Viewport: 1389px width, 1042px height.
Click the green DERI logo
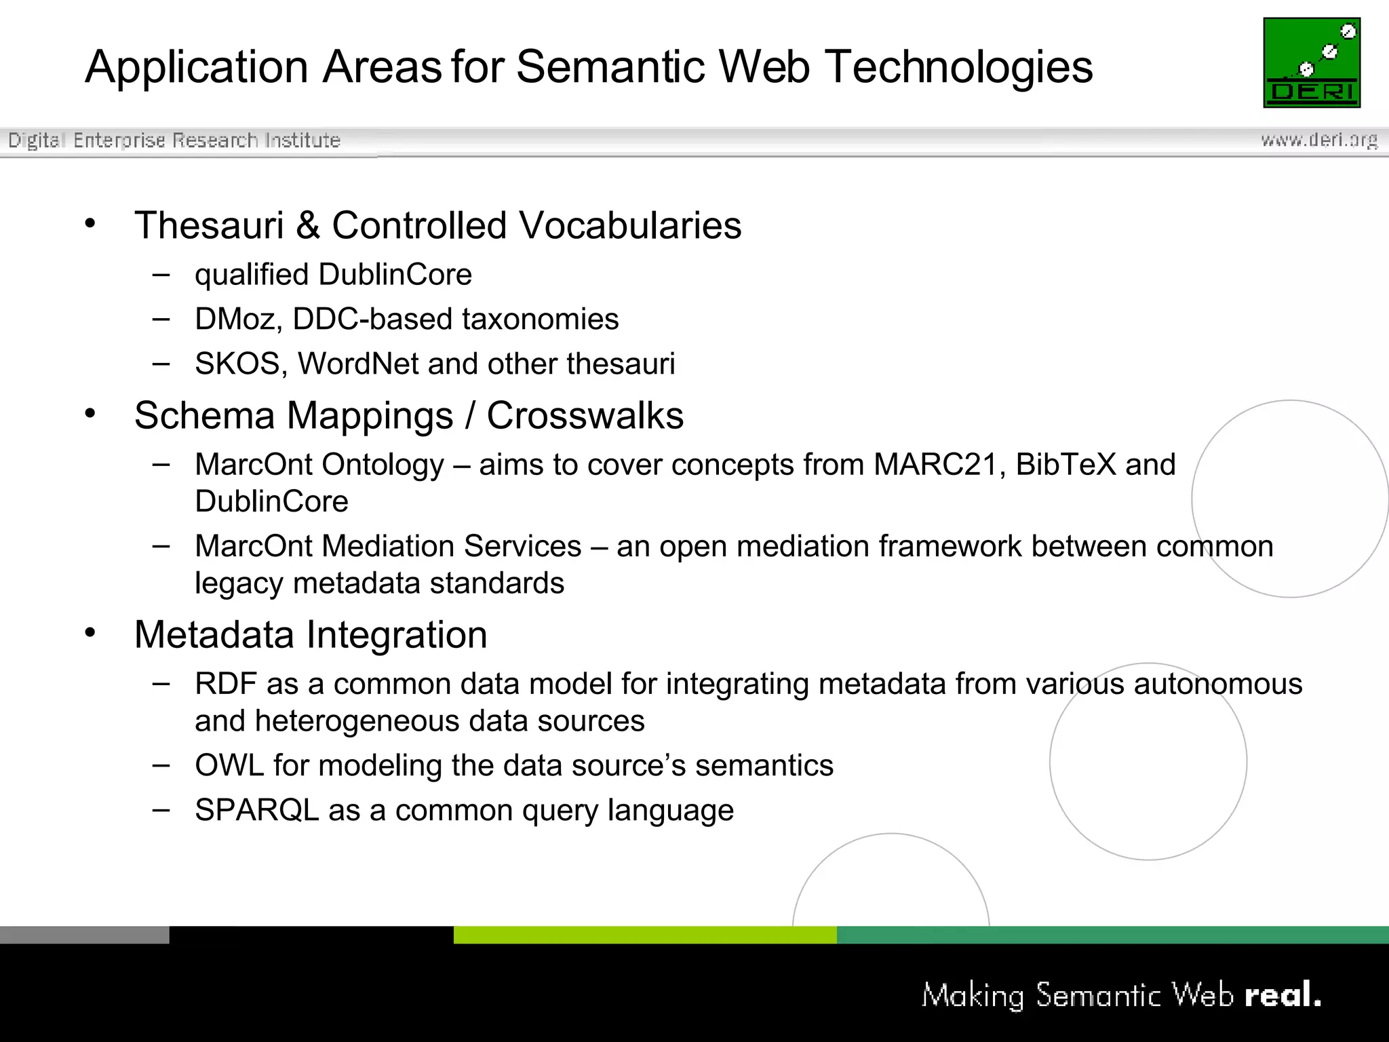[1312, 62]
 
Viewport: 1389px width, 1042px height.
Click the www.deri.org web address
[1319, 140]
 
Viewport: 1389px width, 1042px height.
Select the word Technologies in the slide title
[960, 67]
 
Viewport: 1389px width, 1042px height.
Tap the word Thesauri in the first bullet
[209, 225]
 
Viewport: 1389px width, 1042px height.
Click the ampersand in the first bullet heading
[307, 225]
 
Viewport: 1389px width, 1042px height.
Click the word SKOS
[237, 364]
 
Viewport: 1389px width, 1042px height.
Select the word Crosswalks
[585, 416]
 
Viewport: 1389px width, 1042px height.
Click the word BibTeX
[1065, 465]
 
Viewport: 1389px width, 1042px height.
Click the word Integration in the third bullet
[397, 635]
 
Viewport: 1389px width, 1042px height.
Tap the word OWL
[229, 766]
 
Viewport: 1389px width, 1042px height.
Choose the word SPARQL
[256, 811]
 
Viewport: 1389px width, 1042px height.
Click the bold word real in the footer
[1282, 995]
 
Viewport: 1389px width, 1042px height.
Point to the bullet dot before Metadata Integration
[90, 633]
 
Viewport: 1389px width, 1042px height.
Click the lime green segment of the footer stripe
[644, 935]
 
